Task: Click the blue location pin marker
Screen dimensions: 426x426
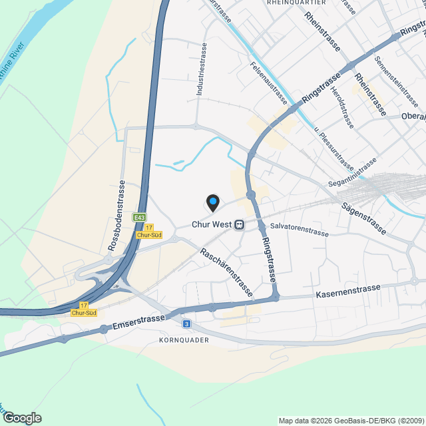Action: click(212, 202)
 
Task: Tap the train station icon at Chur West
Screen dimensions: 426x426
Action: click(238, 225)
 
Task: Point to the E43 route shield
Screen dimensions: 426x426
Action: click(139, 218)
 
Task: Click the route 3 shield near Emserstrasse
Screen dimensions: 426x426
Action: click(187, 323)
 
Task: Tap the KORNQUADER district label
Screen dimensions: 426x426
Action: click(184, 340)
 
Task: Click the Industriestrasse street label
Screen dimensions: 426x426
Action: click(202, 71)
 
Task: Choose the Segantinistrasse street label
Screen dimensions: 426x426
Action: click(352, 172)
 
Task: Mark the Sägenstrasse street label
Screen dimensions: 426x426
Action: click(363, 218)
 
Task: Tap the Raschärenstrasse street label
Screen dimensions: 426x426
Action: click(226, 272)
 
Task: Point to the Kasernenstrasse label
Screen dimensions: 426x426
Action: click(348, 290)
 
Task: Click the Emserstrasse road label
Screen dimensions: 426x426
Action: click(138, 322)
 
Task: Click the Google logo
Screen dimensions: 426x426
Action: click(21, 418)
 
